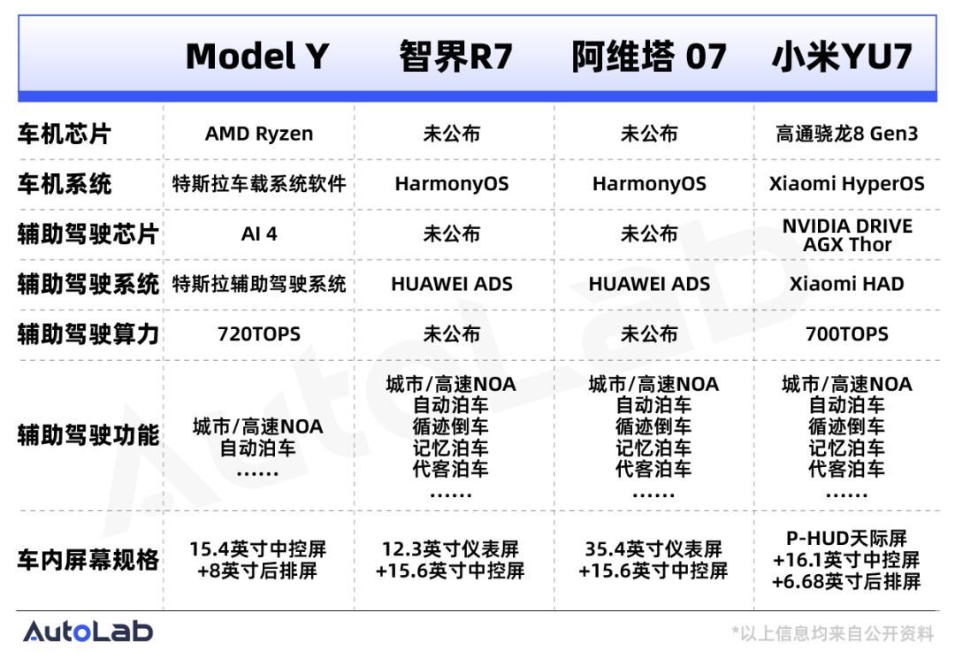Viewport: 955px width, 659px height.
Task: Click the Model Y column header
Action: pyautogui.click(x=257, y=56)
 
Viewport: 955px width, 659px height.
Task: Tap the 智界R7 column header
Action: pyautogui.click(x=455, y=56)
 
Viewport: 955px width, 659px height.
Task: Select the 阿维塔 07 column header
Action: pyautogui.click(x=649, y=56)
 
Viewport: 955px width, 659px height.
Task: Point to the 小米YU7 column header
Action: pyautogui.click(x=843, y=56)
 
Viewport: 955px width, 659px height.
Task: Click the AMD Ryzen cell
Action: pyautogui.click(x=259, y=134)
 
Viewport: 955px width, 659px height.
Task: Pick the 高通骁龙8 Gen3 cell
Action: pyautogui.click(x=846, y=134)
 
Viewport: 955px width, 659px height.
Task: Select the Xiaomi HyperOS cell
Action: pyautogui.click(x=846, y=183)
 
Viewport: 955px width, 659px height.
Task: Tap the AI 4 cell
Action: pyautogui.click(x=259, y=234)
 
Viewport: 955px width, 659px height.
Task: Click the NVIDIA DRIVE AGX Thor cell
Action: pyautogui.click(x=847, y=235)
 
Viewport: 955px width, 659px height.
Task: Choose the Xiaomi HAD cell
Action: pyautogui.click(x=846, y=284)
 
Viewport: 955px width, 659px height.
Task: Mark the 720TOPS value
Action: pyautogui.click(x=259, y=333)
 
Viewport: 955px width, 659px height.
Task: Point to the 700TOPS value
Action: pyautogui.click(x=846, y=333)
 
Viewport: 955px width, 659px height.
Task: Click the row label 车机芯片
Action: pyautogui.click(x=64, y=134)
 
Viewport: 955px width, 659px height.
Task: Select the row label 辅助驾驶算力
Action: pyautogui.click(x=88, y=333)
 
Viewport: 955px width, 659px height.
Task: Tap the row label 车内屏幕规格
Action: pyautogui.click(x=88, y=560)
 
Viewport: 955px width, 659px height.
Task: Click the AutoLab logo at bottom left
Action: pyautogui.click(x=88, y=631)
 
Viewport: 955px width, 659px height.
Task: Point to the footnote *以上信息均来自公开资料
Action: pyautogui.click(x=833, y=633)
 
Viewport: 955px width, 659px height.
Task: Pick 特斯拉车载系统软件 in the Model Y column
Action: pyautogui.click(x=259, y=183)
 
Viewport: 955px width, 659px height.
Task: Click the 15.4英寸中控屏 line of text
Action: pyautogui.click(x=257, y=548)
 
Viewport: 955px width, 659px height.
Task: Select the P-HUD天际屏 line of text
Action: pyautogui.click(x=846, y=539)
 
